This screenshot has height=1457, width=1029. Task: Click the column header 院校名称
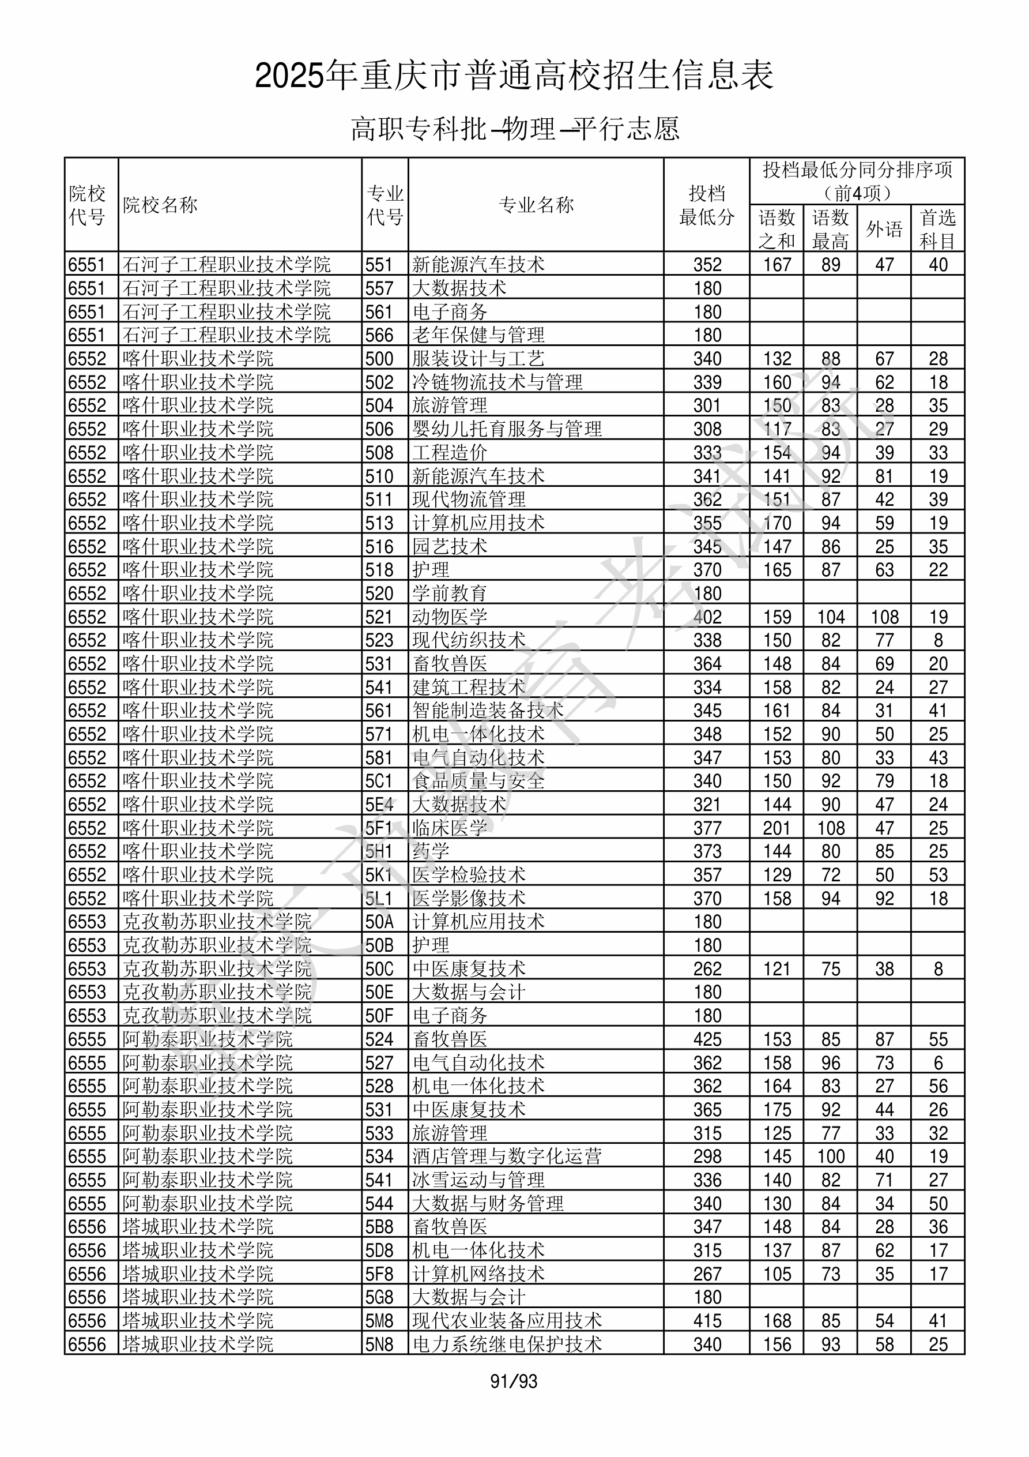pos(160,205)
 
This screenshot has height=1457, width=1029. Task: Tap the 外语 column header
pos(884,229)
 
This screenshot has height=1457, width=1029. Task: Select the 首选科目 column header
pos(938,229)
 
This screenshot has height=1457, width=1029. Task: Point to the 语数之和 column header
pos(777,229)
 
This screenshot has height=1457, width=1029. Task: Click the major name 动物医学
pos(450,617)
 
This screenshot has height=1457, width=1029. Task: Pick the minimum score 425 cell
pos(707,1039)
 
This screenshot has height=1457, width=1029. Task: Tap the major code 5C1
pos(379,781)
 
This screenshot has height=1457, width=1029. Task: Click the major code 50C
pos(379,969)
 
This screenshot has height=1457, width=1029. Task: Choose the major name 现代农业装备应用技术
pos(507,1321)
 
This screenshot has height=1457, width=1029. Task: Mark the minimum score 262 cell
pos(707,969)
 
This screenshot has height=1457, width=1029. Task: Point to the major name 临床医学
pos(450,828)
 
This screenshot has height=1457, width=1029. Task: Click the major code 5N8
pos(379,1345)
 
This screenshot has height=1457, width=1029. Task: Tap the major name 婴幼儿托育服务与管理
pos(507,429)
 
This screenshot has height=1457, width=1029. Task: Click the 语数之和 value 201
pos(777,828)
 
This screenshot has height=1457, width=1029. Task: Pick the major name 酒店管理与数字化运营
pos(507,1157)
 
